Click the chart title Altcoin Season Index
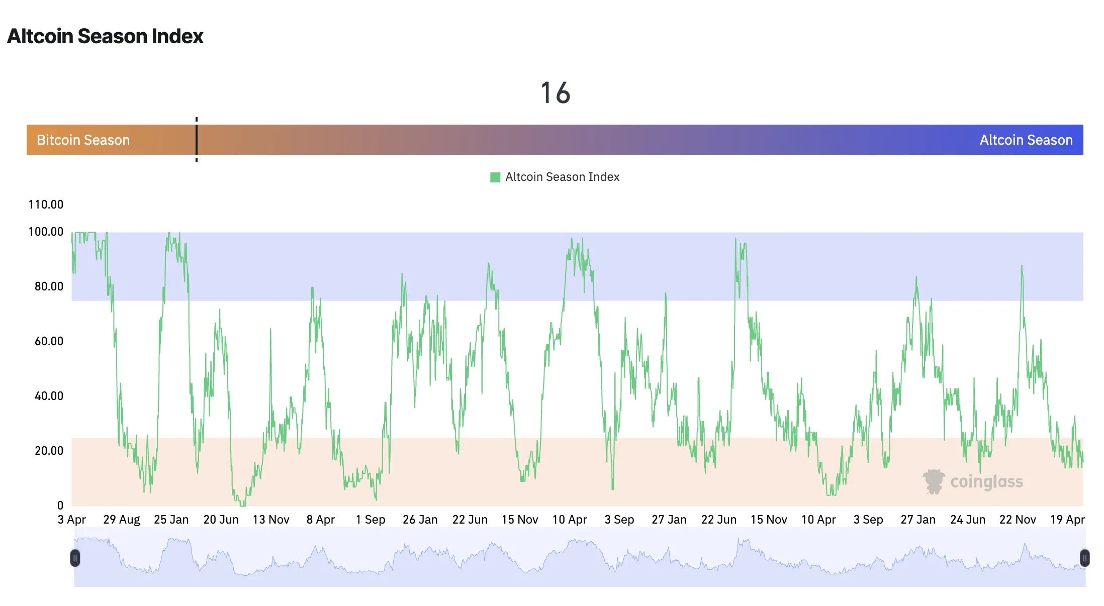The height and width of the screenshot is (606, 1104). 105,36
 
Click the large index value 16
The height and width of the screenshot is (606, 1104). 555,93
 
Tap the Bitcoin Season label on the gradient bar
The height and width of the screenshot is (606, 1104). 83,140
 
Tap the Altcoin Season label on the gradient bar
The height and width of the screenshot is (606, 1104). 1026,140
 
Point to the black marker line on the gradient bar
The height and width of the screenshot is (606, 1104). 197,140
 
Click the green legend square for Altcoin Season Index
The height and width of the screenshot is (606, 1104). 495,177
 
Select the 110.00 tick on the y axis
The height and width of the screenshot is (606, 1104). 46,205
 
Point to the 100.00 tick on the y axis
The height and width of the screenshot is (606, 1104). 46,232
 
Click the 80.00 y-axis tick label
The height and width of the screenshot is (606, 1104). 49,286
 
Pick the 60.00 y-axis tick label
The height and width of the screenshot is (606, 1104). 49,341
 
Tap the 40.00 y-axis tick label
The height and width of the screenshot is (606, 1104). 49,396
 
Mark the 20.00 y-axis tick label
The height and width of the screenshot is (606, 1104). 49,451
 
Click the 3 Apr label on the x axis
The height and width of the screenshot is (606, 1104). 72,520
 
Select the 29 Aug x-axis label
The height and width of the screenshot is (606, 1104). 122,520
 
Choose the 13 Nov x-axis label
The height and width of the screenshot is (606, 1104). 271,520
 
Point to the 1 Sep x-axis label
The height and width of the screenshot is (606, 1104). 371,520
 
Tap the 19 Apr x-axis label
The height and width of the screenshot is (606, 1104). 1067,520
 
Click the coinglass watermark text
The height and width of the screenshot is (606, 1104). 986,481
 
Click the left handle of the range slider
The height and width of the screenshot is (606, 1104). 75,558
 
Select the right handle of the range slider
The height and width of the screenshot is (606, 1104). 1085,558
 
